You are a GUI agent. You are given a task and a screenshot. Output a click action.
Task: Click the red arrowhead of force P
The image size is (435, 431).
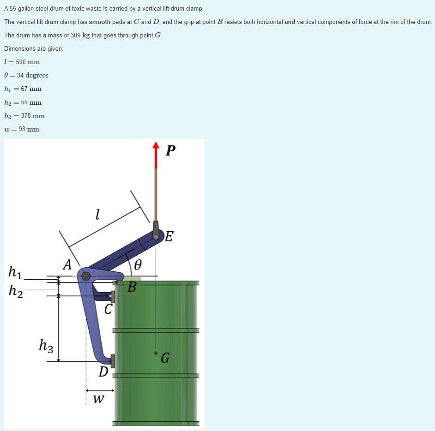(x=156, y=145)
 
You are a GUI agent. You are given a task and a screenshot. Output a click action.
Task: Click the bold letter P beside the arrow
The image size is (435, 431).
(x=170, y=150)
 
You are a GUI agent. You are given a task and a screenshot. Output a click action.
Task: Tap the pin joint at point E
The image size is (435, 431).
(x=156, y=237)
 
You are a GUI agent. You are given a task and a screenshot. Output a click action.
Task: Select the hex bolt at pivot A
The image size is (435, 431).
(x=86, y=276)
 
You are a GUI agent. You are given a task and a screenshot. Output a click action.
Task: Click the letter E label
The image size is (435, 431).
(x=169, y=236)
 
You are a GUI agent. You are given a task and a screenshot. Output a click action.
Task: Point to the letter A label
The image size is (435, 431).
(x=67, y=264)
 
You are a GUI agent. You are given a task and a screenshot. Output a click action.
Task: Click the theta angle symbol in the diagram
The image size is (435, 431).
(x=138, y=265)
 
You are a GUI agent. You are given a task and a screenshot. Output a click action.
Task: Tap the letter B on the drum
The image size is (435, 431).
(x=132, y=287)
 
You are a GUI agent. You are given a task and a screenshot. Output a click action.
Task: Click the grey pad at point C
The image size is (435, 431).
(x=113, y=297)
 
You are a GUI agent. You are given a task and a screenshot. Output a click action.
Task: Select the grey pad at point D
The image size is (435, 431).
(x=113, y=361)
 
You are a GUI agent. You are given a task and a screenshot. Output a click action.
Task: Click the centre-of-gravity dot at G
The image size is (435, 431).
(x=156, y=353)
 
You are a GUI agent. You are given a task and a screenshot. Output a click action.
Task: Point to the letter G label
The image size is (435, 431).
(x=165, y=358)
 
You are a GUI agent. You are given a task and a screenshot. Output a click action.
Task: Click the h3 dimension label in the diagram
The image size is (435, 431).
(x=46, y=346)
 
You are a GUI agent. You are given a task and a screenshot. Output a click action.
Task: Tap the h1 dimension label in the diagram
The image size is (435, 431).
(x=15, y=272)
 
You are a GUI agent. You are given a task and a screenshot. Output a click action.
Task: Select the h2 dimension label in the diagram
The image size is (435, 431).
(x=16, y=291)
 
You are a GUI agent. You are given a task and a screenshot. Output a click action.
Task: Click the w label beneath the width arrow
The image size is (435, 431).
(x=99, y=399)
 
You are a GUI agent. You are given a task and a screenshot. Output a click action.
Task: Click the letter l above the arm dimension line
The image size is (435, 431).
(x=97, y=214)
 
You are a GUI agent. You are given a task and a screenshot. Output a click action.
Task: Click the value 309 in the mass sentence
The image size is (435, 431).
(x=75, y=35)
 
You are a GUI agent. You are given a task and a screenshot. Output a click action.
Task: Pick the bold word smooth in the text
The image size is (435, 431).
(x=100, y=22)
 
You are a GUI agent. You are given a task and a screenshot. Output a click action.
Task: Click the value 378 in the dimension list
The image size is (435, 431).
(x=26, y=115)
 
